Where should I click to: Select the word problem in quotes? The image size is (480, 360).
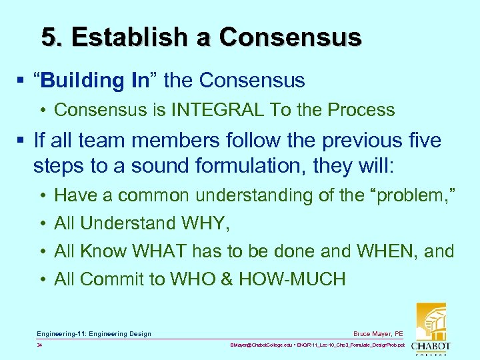tap(415, 195)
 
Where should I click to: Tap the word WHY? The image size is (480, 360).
tap(205, 223)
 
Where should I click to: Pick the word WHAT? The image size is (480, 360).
tap(160, 251)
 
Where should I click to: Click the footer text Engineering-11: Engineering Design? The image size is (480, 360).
tap(94, 333)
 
